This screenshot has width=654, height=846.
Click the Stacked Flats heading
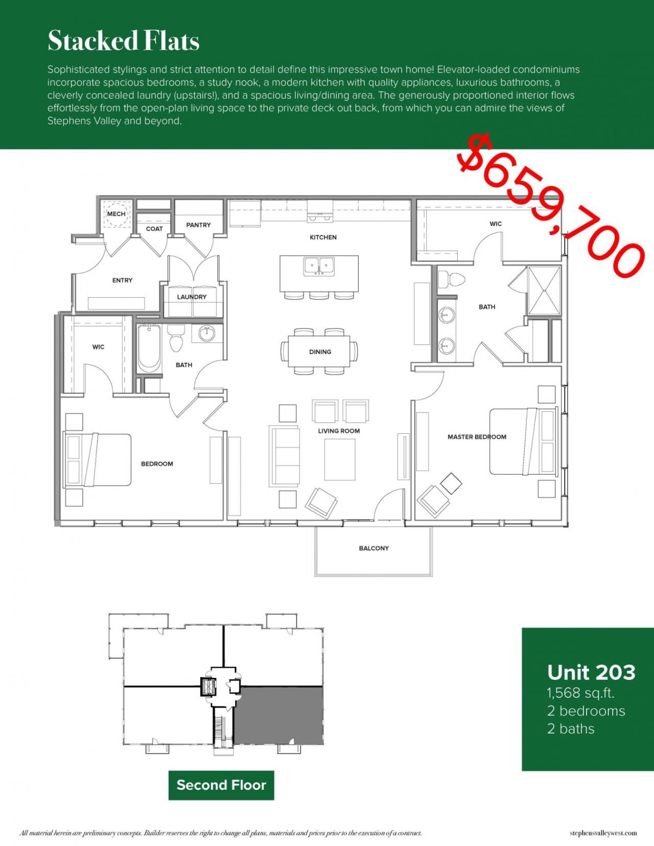click(123, 41)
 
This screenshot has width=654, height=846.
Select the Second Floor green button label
click(221, 785)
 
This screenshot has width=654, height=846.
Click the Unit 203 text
click(591, 672)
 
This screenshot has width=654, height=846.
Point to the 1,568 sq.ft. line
click(580, 693)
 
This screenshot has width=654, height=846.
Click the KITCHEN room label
click(323, 237)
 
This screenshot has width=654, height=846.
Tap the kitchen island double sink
click(319, 266)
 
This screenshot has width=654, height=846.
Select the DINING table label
click(320, 351)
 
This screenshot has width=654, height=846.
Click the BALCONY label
click(373, 548)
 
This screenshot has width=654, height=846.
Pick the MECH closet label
click(116, 214)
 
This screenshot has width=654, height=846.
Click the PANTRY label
click(198, 225)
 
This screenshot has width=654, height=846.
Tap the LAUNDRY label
click(192, 297)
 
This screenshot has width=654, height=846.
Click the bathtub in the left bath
click(149, 347)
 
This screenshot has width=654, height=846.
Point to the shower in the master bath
click(544, 290)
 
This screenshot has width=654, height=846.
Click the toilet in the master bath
click(452, 279)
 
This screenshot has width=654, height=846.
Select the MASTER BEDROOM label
click(477, 437)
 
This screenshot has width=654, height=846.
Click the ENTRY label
click(122, 280)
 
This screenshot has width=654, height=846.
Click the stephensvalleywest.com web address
click(603, 833)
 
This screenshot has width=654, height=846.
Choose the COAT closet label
click(154, 229)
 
